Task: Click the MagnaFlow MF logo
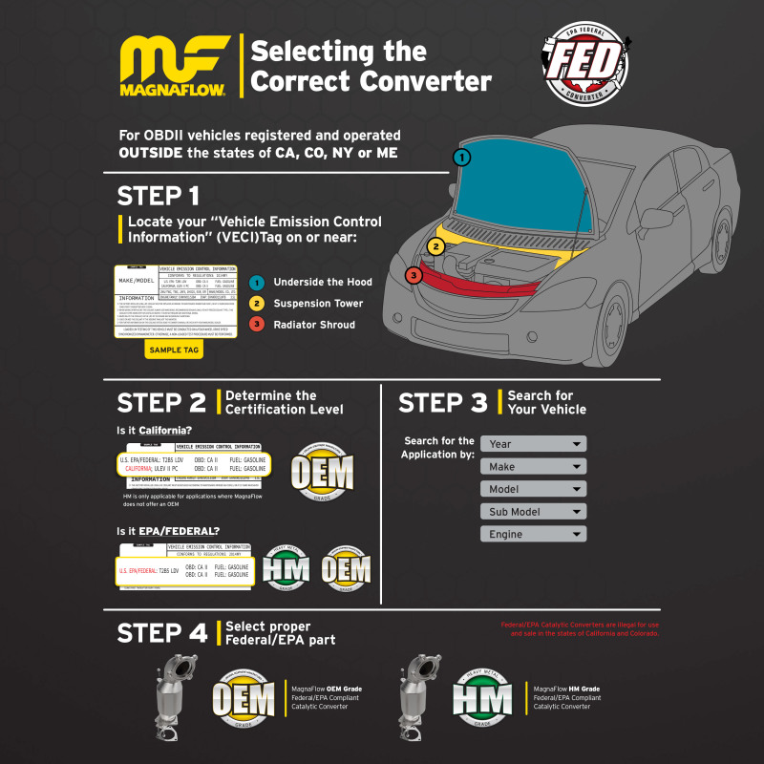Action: [172, 68]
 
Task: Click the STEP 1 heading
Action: [158, 196]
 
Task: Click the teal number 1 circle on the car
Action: [461, 157]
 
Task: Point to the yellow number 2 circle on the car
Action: [435, 246]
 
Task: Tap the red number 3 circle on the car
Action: [413, 275]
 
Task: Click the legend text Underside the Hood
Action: [322, 283]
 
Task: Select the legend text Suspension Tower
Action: [318, 304]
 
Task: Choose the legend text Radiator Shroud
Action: [314, 325]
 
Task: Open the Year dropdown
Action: [533, 444]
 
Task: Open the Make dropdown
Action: [533, 467]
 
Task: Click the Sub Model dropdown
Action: [533, 512]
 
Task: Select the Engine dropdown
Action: [533, 535]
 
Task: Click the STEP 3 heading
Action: [442, 402]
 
